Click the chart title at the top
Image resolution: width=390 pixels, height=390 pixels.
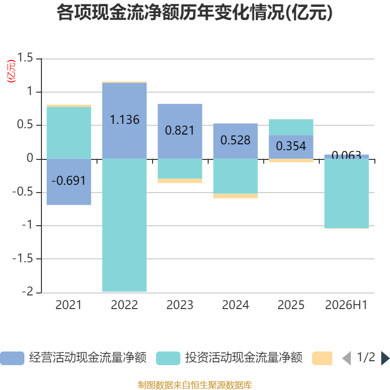point(195,13)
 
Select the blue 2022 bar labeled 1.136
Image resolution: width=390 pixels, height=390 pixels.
point(124,120)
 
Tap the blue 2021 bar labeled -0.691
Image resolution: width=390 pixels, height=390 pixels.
point(69,182)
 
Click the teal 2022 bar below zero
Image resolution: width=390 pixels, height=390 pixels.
point(124,225)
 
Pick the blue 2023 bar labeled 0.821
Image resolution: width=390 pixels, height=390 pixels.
point(180,131)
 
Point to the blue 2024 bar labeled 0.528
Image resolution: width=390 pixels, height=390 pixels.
point(235,141)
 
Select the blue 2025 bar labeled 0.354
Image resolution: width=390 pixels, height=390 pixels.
point(291,147)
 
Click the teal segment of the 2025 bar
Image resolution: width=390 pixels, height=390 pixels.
point(291,127)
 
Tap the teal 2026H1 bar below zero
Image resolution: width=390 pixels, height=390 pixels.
point(347,193)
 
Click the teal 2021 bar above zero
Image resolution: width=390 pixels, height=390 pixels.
point(69,133)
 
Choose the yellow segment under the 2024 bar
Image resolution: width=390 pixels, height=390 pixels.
point(235,196)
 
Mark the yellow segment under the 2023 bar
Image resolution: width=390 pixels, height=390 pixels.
point(180,181)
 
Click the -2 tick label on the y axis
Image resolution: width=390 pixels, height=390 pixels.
point(27,292)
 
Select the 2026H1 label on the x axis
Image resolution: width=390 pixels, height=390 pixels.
point(346,305)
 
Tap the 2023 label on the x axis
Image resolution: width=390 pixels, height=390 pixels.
point(180,305)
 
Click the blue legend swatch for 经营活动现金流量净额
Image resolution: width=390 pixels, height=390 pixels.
point(12,358)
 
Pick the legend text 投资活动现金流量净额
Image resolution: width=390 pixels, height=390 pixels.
point(244,358)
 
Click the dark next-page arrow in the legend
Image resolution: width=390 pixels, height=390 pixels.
point(385,358)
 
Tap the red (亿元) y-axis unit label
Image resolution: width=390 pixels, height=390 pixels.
point(11,71)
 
